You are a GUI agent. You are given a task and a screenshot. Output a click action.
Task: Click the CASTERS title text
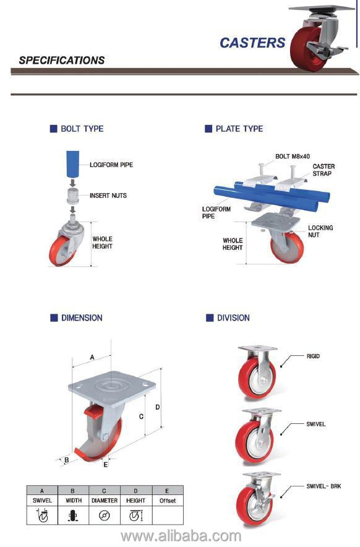pyautogui.click(x=252, y=43)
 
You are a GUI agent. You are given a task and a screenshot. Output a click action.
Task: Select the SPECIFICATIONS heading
pyautogui.click(x=61, y=61)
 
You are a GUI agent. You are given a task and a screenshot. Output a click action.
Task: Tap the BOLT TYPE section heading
pyautogui.click(x=82, y=129)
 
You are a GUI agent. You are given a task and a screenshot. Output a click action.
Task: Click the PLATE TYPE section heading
pyautogui.click(x=239, y=129)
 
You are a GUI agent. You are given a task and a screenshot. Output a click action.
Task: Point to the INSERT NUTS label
pyautogui.click(x=108, y=196)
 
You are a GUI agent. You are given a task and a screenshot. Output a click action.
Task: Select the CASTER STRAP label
pyautogui.click(x=324, y=170)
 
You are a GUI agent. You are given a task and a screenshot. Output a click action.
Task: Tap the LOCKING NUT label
pyautogui.click(x=320, y=232)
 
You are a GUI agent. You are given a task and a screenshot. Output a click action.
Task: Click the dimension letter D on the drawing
pyautogui.click(x=158, y=407)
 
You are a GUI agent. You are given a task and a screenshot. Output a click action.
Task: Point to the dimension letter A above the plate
pyautogui.click(x=92, y=357)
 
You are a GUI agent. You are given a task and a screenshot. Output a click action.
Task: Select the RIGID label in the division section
pyautogui.click(x=313, y=356)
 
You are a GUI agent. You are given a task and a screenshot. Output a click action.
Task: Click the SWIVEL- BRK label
pyautogui.click(x=324, y=487)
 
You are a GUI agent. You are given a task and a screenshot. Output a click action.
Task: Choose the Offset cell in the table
pyautogui.click(x=168, y=500)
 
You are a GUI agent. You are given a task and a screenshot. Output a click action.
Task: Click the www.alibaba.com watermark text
pyautogui.click(x=181, y=536)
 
